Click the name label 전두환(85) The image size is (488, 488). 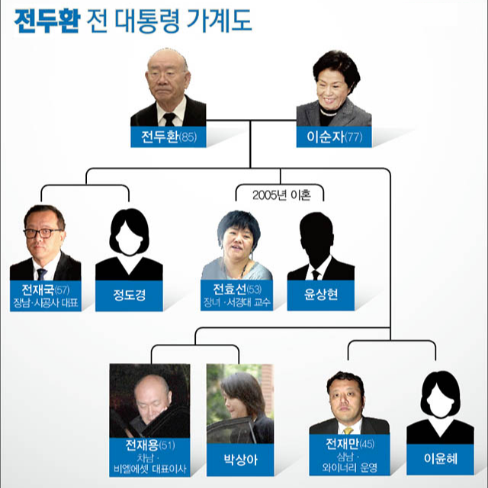(x=168, y=137)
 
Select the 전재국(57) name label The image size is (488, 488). (x=46, y=291)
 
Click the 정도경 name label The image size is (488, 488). (x=129, y=294)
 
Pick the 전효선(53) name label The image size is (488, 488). (x=237, y=291)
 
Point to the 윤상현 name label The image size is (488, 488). (x=321, y=294)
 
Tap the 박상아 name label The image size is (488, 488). (x=239, y=460)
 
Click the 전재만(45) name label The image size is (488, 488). (x=350, y=445)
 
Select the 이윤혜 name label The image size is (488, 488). (x=440, y=460)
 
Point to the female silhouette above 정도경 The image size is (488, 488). (x=129, y=240)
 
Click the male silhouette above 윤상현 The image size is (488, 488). (x=321, y=244)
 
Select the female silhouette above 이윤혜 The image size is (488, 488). (x=440, y=404)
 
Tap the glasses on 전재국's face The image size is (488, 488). (x=42, y=233)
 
